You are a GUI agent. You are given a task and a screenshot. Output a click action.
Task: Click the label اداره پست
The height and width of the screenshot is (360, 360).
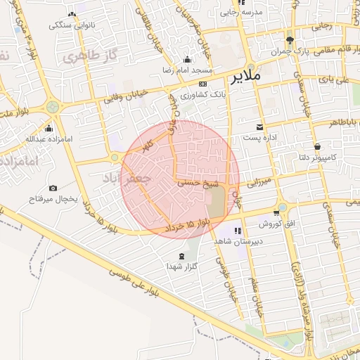[x=262, y=139]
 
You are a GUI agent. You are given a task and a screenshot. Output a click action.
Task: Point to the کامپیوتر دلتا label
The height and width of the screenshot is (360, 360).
[x=315, y=156]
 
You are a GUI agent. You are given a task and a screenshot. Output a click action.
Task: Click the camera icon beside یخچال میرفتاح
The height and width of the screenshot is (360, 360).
[x=53, y=188]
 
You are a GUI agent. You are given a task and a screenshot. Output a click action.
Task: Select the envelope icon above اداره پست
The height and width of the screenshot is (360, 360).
[x=260, y=127]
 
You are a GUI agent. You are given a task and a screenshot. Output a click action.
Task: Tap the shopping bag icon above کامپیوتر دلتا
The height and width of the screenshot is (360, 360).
[x=317, y=146]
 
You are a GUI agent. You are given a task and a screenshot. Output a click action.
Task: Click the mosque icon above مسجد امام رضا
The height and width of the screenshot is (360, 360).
[x=187, y=60]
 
